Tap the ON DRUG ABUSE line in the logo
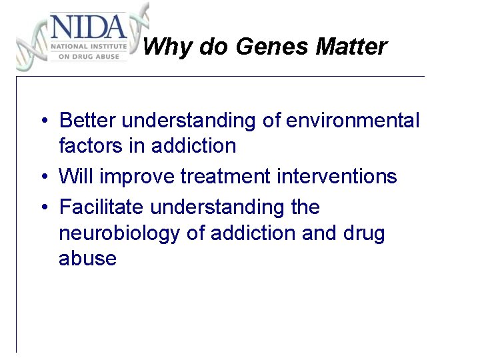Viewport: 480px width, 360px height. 88,57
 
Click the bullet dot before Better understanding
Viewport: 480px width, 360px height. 42,121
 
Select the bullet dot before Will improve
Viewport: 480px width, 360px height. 42,177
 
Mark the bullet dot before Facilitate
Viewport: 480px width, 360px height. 42,208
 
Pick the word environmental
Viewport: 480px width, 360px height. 353,121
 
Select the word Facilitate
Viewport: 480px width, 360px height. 102,207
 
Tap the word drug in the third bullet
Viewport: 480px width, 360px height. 365,233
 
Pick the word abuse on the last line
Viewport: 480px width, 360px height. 87,258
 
